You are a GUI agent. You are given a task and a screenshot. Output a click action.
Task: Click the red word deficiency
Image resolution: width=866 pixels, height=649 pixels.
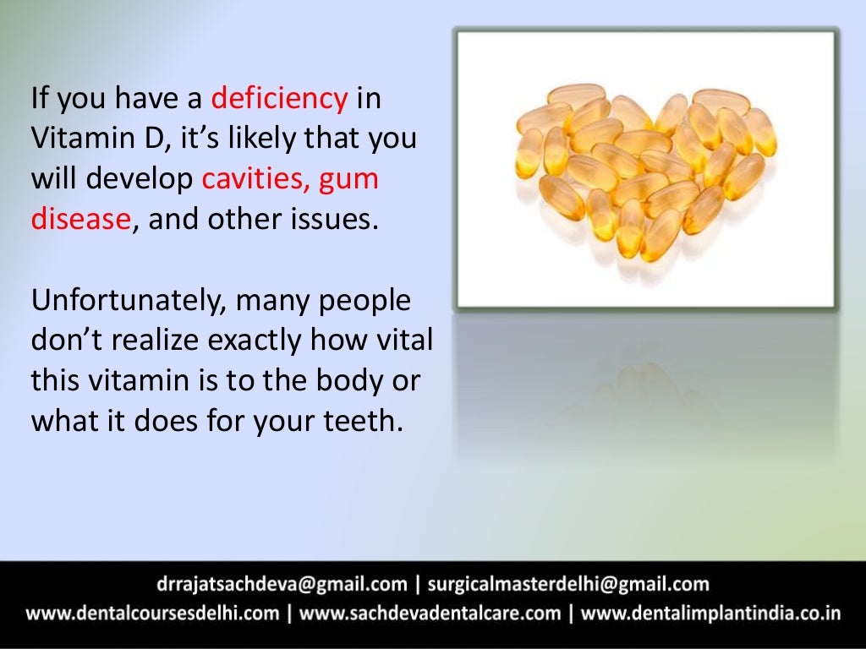pyautogui.click(x=279, y=100)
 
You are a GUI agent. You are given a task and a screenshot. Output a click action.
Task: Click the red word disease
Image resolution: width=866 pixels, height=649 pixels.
pyautogui.click(x=81, y=219)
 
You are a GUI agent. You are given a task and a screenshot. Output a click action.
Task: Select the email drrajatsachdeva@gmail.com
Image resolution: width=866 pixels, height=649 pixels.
pyautogui.click(x=282, y=584)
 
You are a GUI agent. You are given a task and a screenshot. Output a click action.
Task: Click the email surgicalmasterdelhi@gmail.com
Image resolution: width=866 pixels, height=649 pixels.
pyautogui.click(x=568, y=584)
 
